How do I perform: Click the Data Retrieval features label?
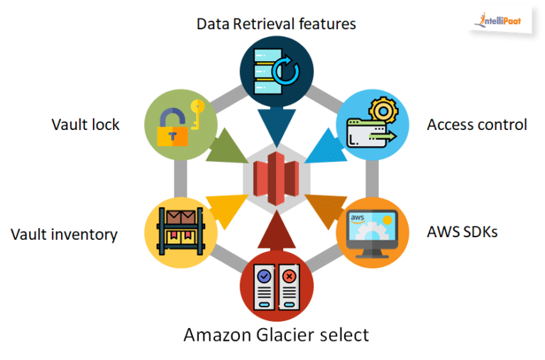(275, 23)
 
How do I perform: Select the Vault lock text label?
(85, 124)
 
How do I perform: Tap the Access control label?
(476, 124)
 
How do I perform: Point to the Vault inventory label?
(64, 234)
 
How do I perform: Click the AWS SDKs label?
(462, 231)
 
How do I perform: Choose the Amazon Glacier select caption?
(276, 334)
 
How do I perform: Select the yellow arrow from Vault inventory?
(224, 205)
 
